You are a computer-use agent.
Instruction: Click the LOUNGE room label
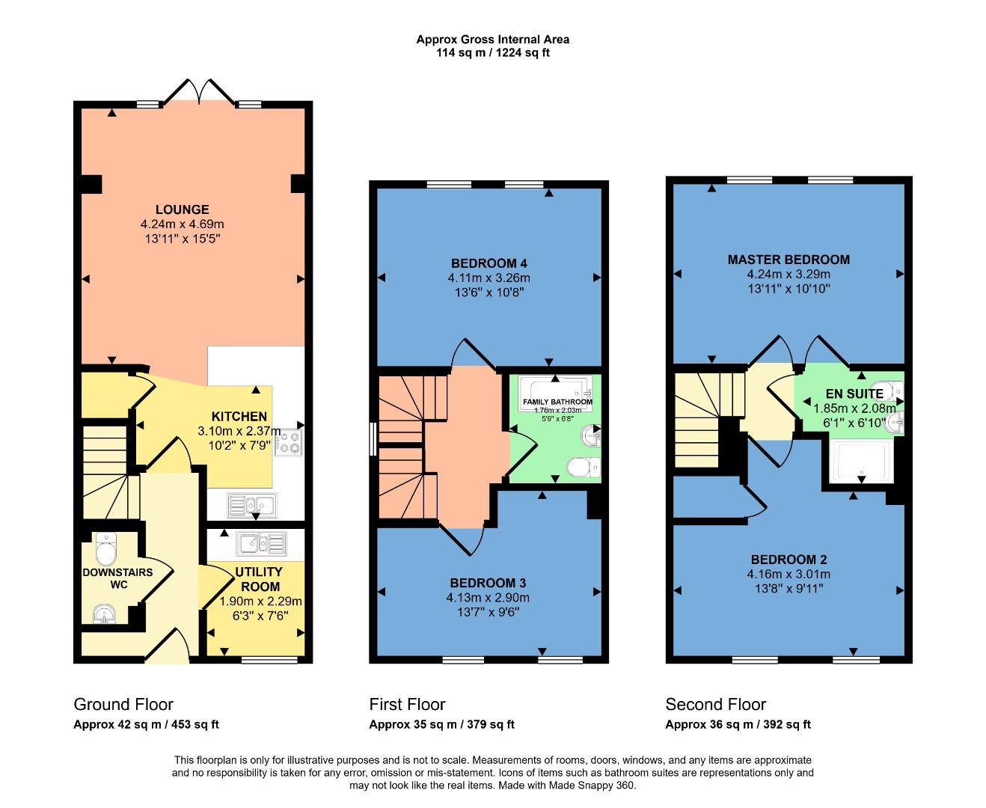click(182, 209)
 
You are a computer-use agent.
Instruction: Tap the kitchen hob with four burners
click(289, 443)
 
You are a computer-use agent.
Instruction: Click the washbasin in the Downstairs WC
click(105, 615)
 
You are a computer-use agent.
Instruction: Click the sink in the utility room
click(261, 542)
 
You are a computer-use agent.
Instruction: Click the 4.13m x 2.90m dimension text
click(488, 598)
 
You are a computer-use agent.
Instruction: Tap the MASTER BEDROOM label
click(789, 260)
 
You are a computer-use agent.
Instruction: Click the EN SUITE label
click(854, 394)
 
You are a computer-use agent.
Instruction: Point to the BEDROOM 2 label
click(789, 560)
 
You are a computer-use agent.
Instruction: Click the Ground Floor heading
click(123, 704)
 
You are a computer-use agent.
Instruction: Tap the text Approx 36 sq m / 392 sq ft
click(738, 724)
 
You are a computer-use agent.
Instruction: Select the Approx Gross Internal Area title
click(492, 39)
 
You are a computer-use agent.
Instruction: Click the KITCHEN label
click(239, 416)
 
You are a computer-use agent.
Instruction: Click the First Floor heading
click(407, 704)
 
